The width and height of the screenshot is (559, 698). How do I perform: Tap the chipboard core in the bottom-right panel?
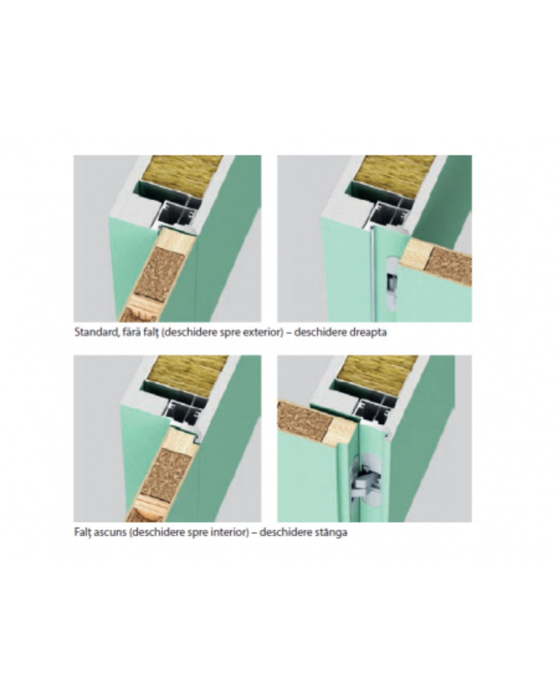pyautogui.click(x=304, y=419)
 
